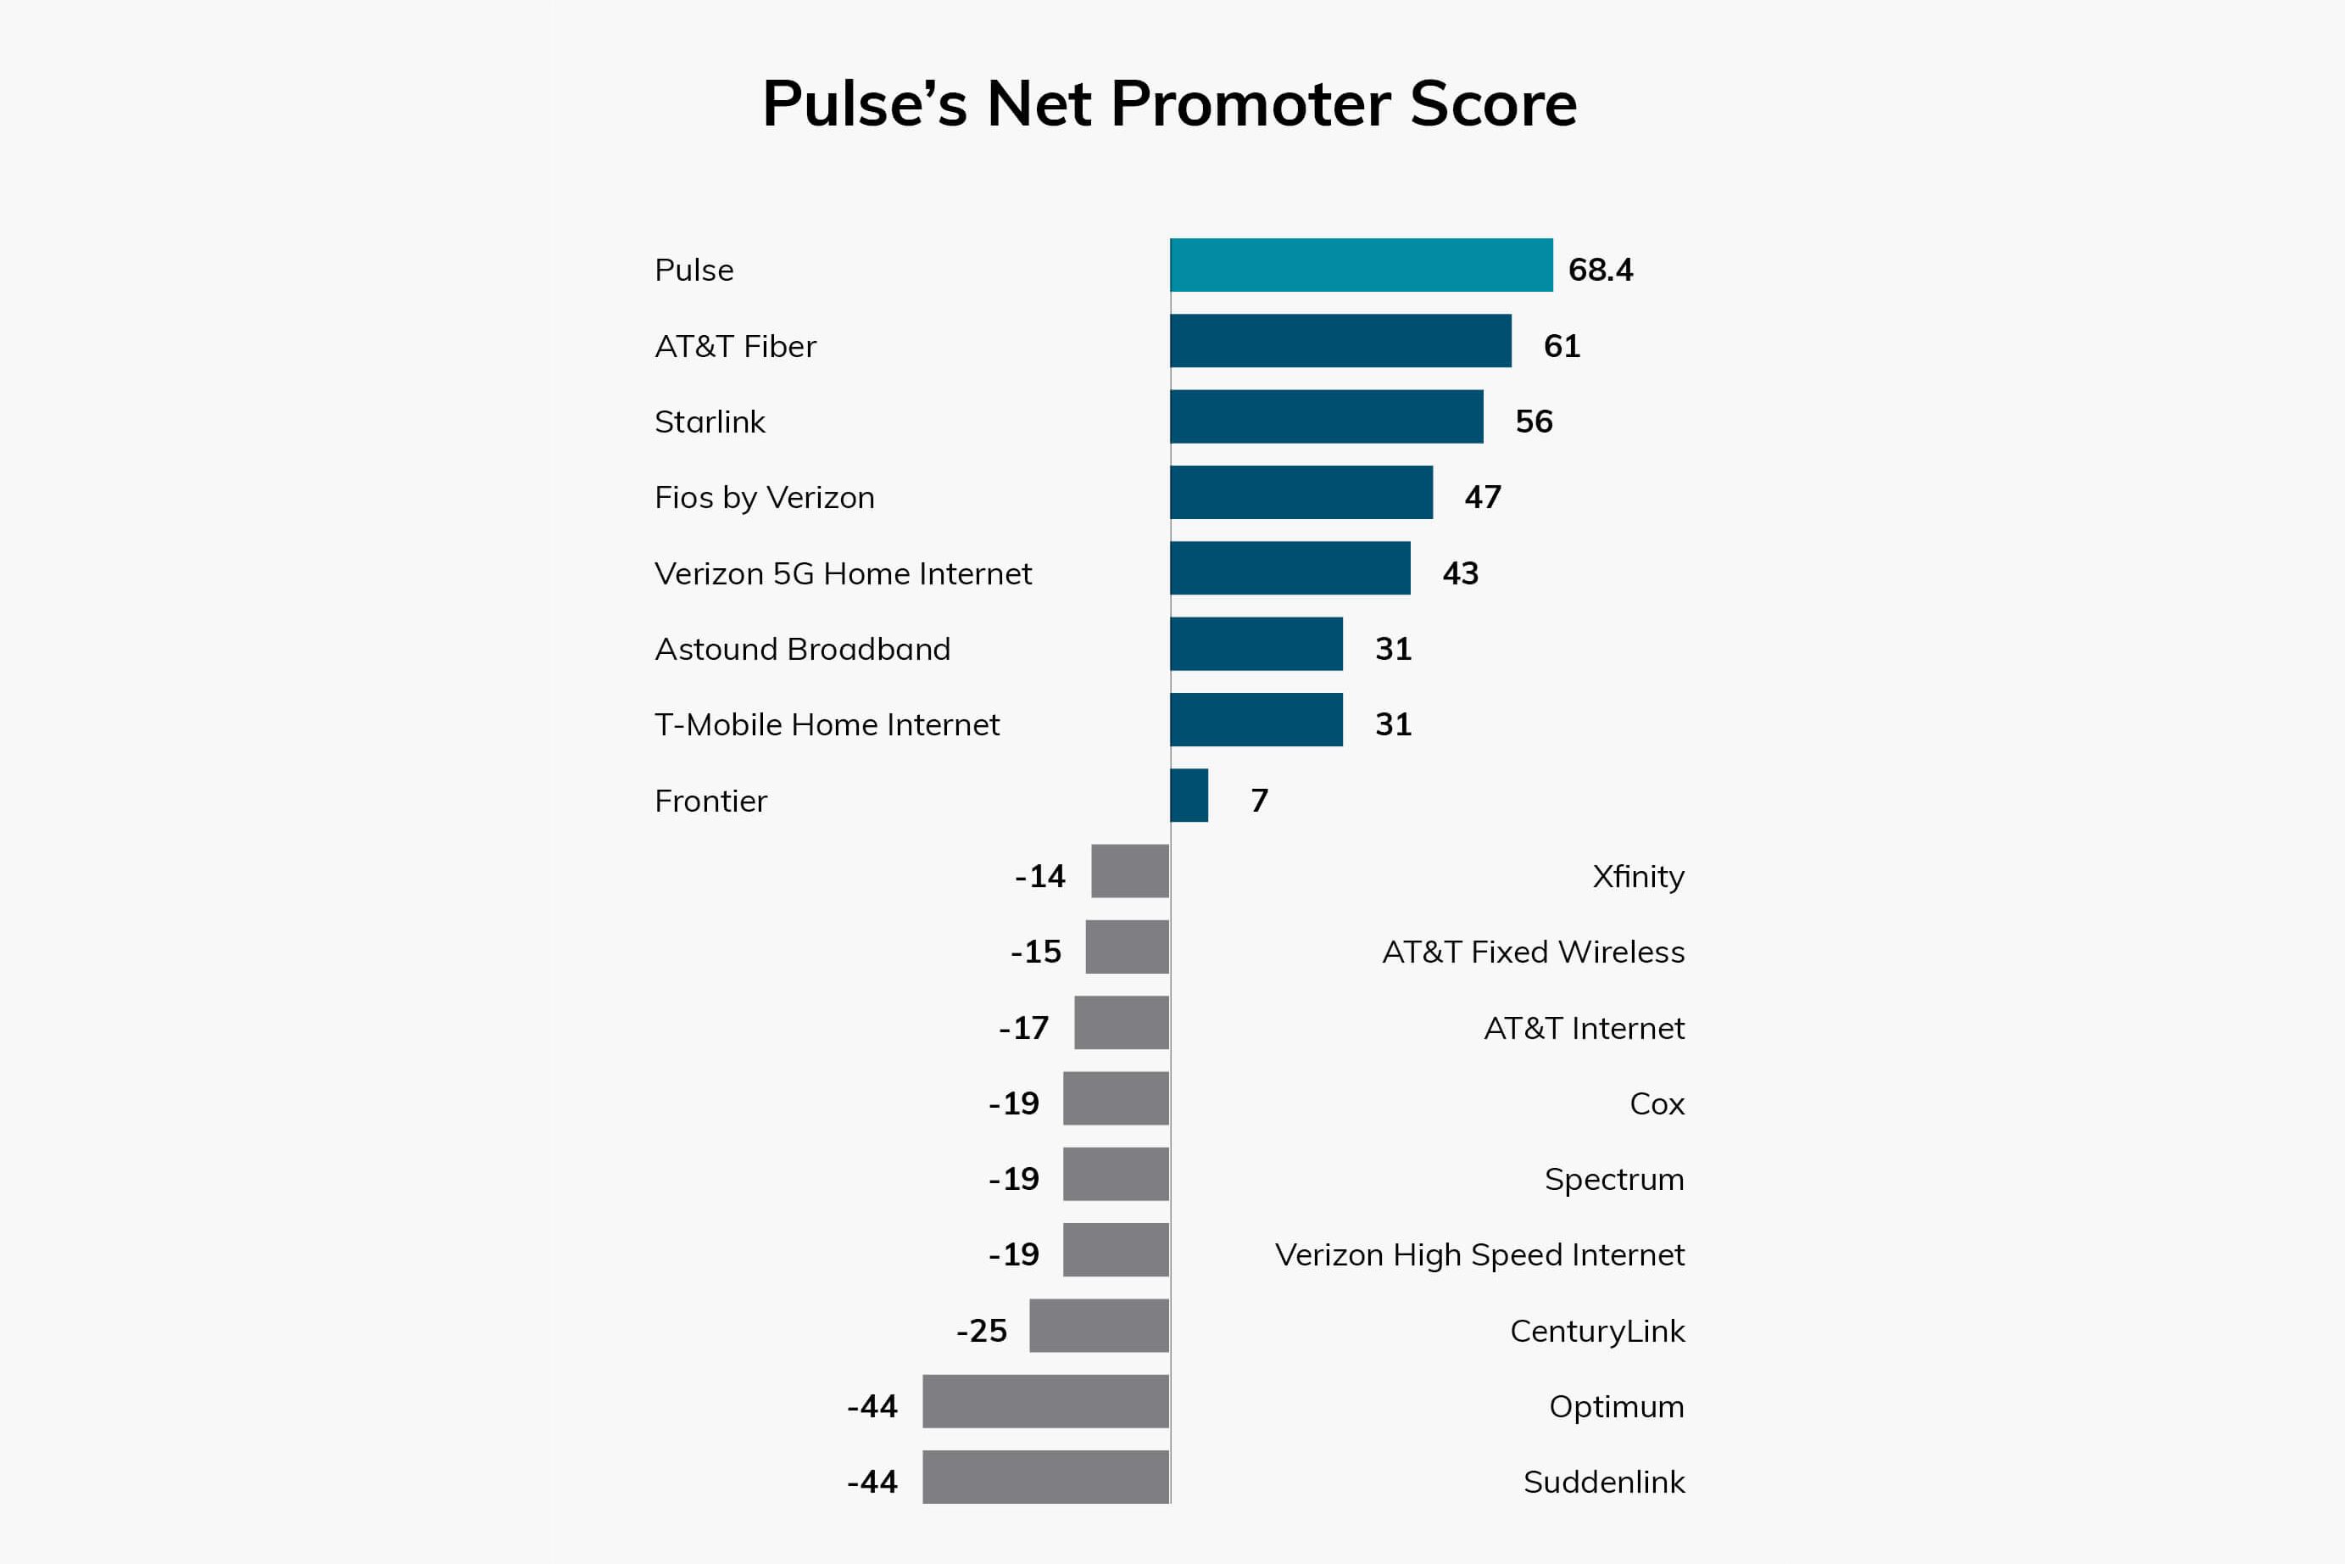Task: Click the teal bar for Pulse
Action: point(1361,265)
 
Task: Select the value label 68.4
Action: point(1601,271)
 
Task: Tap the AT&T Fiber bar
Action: point(1340,341)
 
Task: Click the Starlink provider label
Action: point(709,422)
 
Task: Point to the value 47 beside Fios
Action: point(1483,497)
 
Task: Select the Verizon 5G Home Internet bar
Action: point(1290,568)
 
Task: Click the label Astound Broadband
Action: point(802,650)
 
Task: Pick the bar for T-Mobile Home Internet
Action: point(1256,720)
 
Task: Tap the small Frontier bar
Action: point(1189,796)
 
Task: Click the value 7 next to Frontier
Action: point(1259,800)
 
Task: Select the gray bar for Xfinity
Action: point(1129,872)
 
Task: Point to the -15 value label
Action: point(1036,952)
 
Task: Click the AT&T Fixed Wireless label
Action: point(1533,952)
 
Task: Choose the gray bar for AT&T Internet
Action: point(1121,1022)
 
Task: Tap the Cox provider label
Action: point(1656,1103)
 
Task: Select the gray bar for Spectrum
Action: point(1116,1174)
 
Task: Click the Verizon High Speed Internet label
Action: point(1479,1254)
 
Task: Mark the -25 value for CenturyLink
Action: point(981,1331)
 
